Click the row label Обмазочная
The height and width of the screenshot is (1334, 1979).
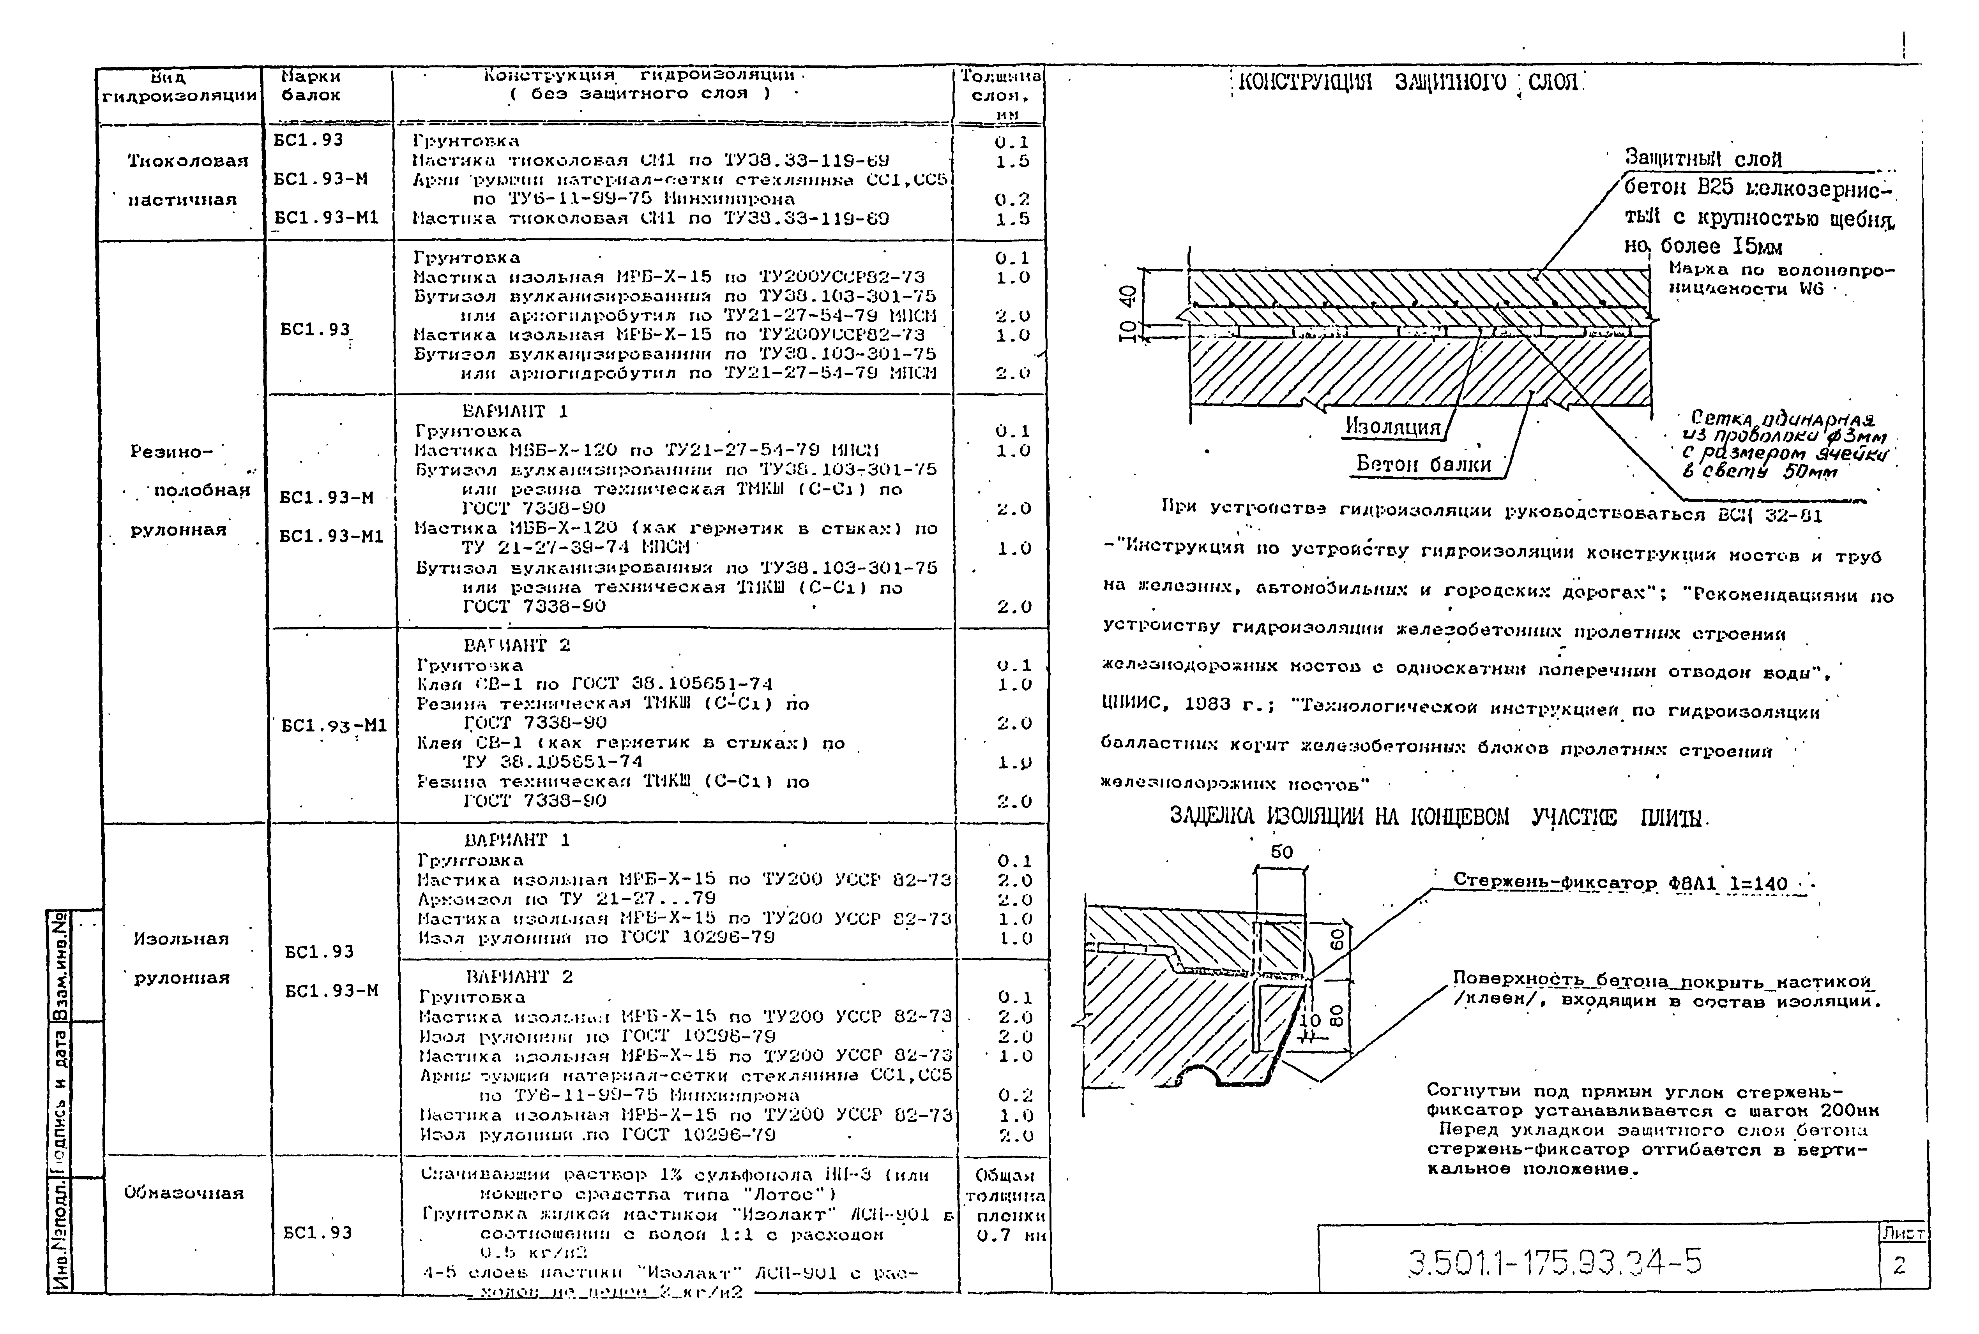click(184, 1193)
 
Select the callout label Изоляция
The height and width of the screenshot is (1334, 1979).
click(1392, 427)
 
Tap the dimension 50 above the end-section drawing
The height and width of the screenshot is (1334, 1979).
click(1281, 851)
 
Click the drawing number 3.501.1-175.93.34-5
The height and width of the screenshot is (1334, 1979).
click(1554, 1262)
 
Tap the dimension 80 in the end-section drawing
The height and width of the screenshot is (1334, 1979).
click(1336, 1016)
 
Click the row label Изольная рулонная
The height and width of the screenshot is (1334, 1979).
click(181, 958)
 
